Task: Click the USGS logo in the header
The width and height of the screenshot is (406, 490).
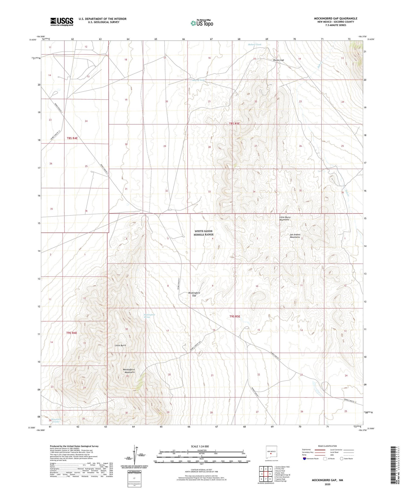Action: pyautogui.click(x=62, y=22)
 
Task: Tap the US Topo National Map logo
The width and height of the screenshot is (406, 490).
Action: pyautogui.click(x=202, y=23)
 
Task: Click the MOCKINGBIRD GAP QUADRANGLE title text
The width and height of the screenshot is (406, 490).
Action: pyautogui.click(x=336, y=18)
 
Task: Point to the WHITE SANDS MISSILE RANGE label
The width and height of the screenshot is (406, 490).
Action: pyautogui.click(x=203, y=233)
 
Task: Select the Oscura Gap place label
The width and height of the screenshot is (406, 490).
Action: pyautogui.click(x=278, y=60)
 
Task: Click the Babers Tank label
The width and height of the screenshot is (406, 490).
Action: pyautogui.click(x=255, y=45)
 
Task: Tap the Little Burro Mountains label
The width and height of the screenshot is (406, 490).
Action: pyautogui.click(x=284, y=218)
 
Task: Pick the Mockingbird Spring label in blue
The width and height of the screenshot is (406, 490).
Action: pyautogui.click(x=149, y=316)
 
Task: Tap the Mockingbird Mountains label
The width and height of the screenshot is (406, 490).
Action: pyautogui.click(x=129, y=371)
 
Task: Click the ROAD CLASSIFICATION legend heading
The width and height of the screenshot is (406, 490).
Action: pyautogui.click(x=328, y=446)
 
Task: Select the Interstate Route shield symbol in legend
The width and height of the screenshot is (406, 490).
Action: pyautogui.click(x=304, y=458)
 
